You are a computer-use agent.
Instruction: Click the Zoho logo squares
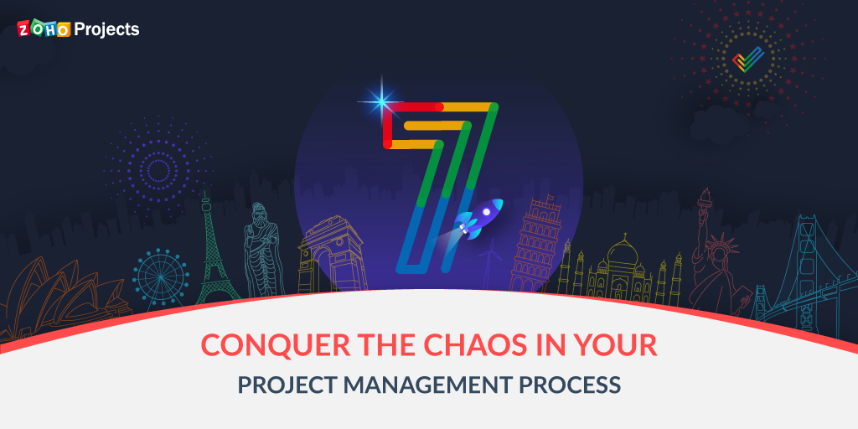(44, 29)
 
